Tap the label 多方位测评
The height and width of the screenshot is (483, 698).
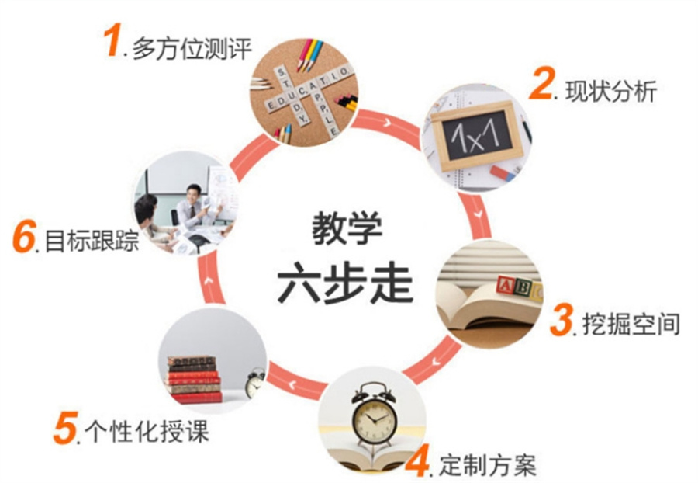pos(192,49)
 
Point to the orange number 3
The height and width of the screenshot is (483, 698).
pos(562,320)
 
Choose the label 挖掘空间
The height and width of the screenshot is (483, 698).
pos(631,324)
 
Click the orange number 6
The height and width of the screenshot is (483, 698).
pos(23,238)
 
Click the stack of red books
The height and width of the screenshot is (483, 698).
pos(195,379)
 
